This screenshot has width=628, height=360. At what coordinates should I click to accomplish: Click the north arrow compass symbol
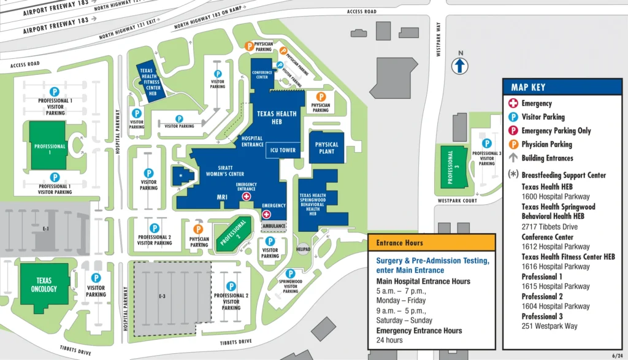459,65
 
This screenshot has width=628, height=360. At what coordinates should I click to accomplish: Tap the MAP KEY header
528,87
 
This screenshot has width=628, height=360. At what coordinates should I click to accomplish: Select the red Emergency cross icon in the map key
513,104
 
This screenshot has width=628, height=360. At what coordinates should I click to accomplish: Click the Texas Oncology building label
44,285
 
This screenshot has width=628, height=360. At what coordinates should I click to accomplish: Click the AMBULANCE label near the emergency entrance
274,226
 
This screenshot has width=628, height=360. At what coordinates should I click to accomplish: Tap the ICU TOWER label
283,150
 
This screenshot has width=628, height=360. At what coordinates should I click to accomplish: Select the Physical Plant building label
327,148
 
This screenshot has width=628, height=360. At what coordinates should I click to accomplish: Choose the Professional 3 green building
451,167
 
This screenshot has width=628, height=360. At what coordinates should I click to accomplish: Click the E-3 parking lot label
162,296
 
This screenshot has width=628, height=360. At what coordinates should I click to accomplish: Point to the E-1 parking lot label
45,228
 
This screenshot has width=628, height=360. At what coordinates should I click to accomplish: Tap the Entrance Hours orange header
399,243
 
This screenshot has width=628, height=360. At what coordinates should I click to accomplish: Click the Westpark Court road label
457,201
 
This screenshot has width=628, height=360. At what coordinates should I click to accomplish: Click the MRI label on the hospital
222,197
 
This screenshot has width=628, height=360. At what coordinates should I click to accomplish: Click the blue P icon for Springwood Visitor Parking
290,274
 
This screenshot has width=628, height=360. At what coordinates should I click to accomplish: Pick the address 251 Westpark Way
549,326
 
